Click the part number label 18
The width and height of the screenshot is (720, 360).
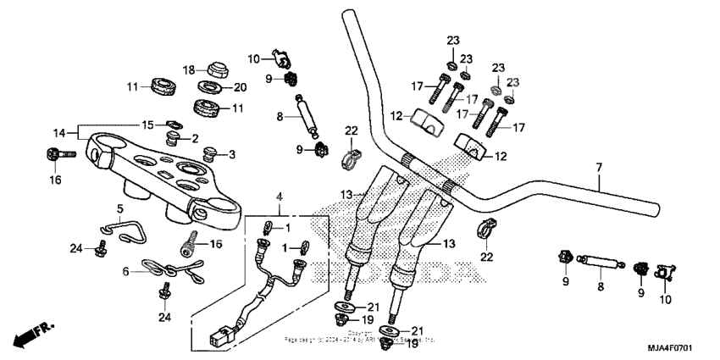click(x=189, y=69)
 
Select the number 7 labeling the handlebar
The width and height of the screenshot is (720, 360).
click(x=598, y=168)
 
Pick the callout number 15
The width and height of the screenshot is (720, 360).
click(x=148, y=125)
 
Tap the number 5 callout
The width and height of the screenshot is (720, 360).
click(x=120, y=208)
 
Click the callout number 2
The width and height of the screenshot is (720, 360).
click(x=195, y=138)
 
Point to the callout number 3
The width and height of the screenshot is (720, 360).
click(x=232, y=154)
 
